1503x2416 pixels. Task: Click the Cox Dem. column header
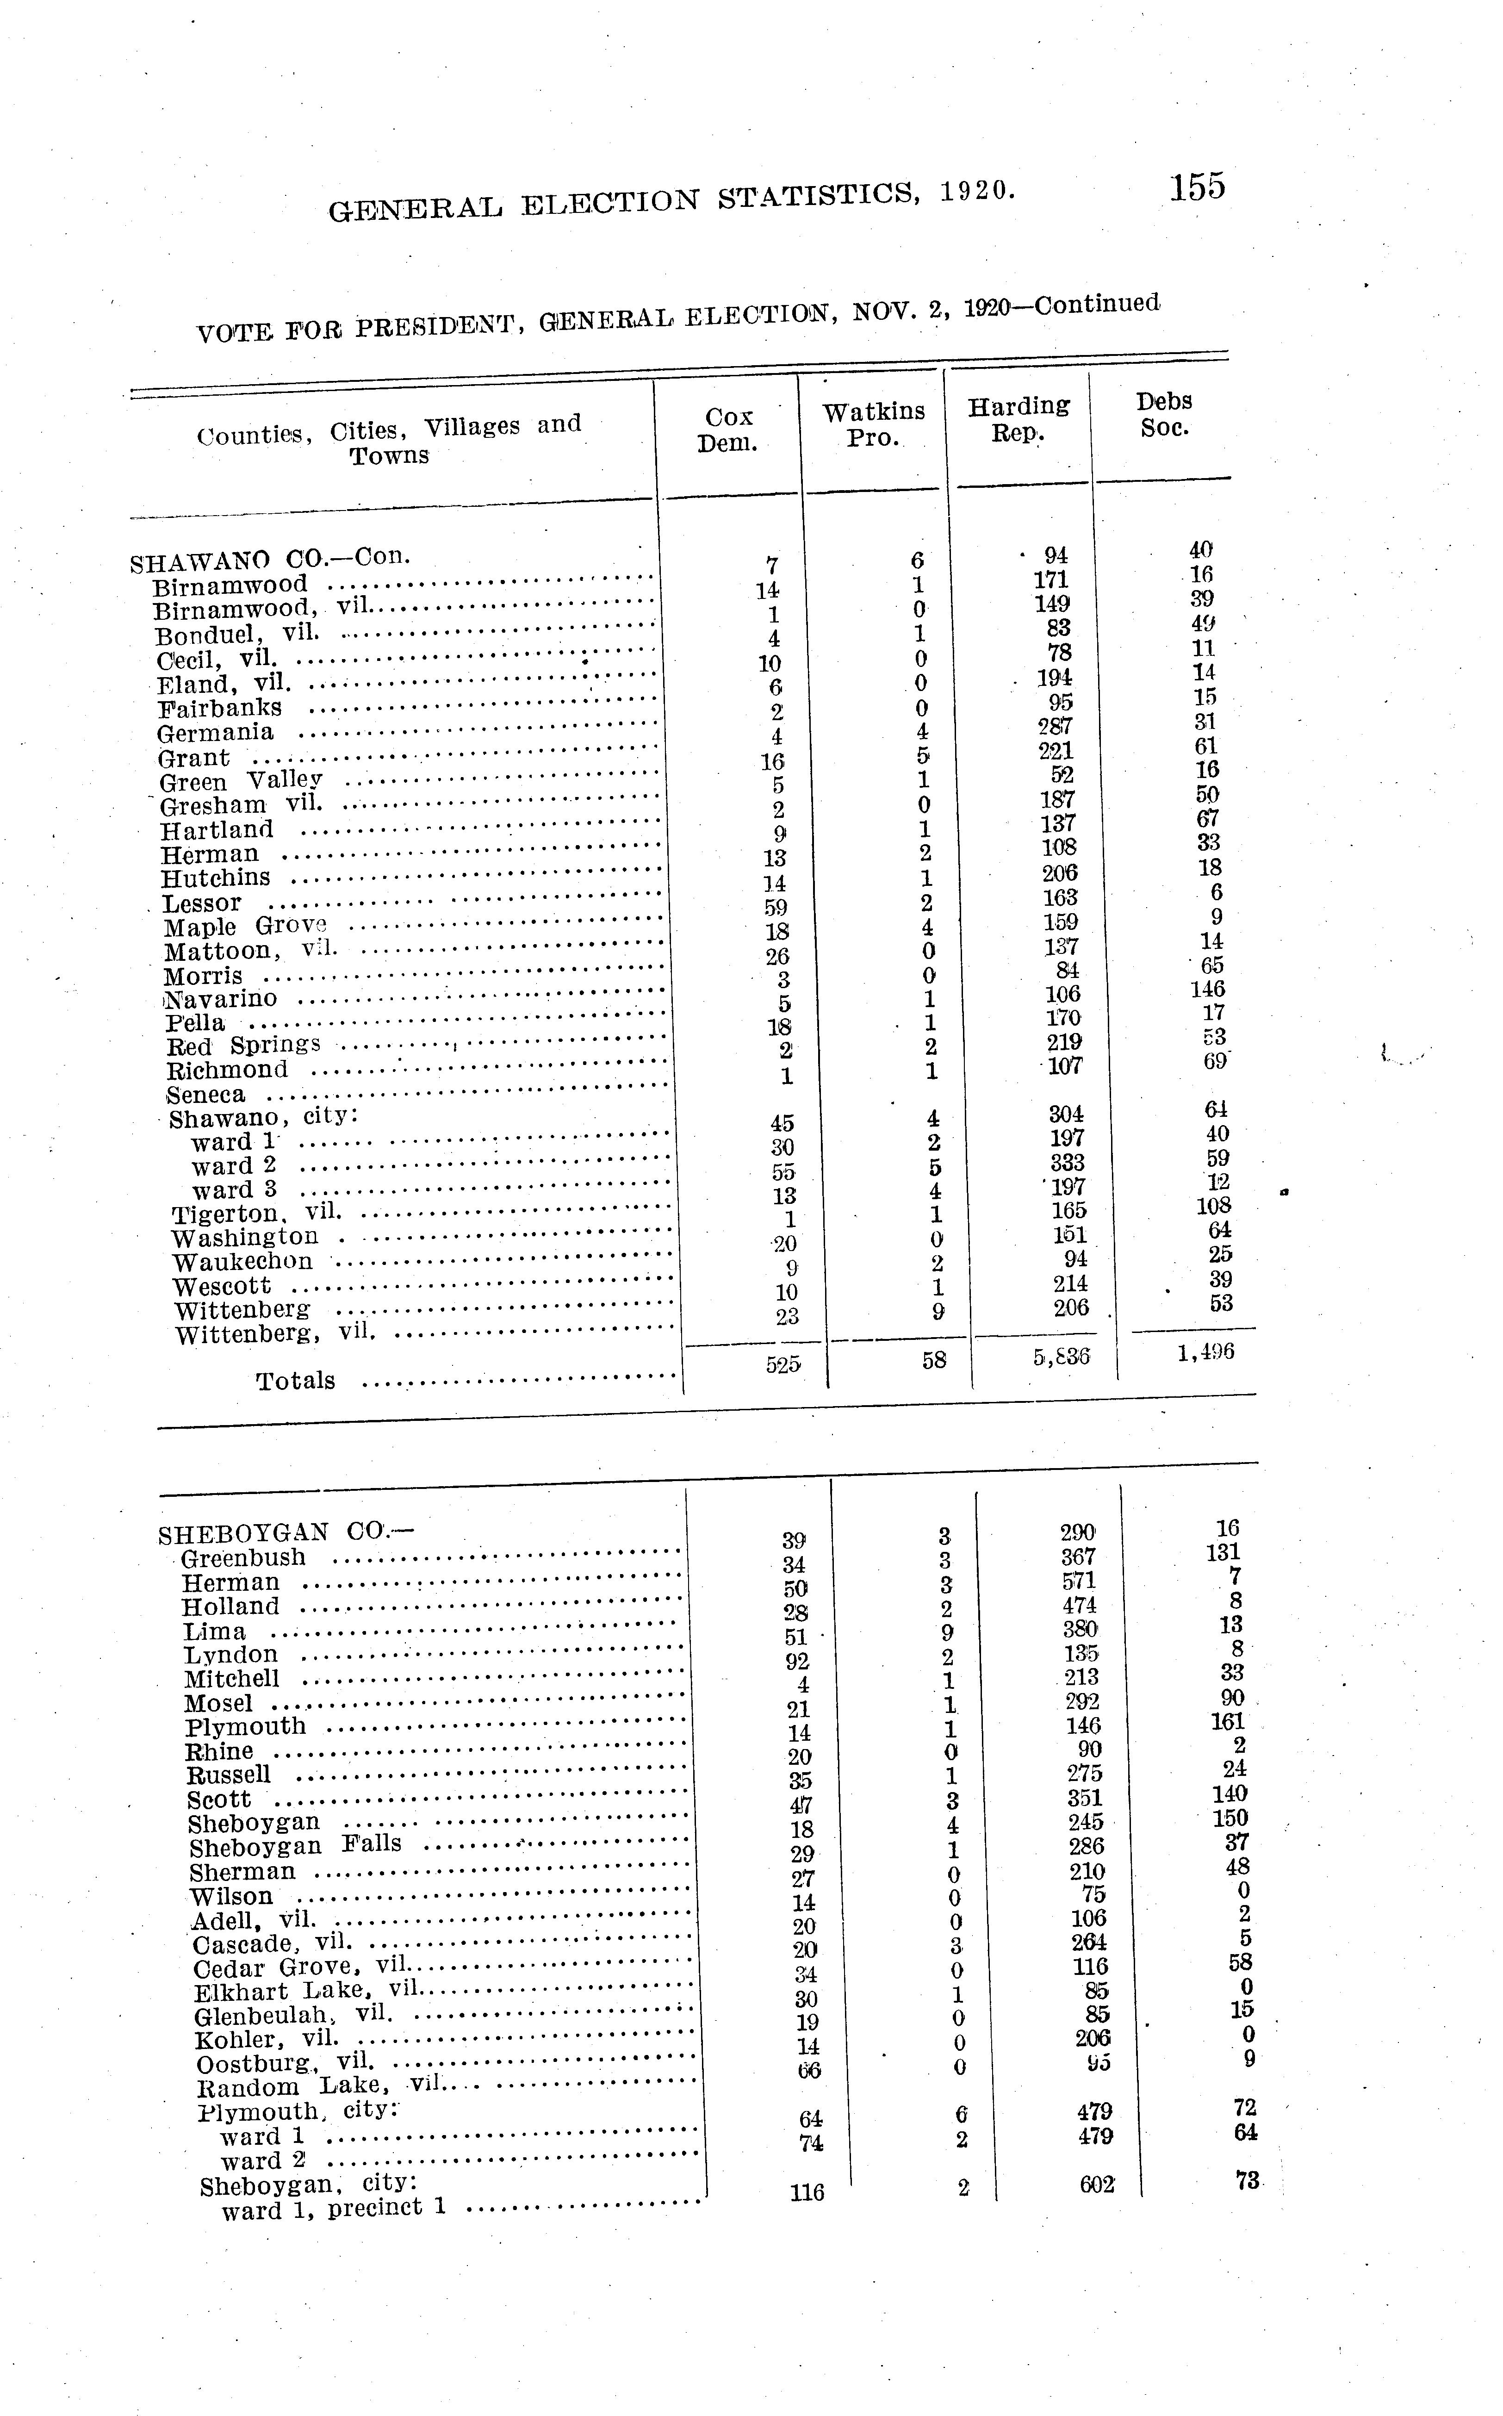click(x=727, y=430)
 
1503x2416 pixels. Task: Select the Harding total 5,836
click(x=1062, y=1356)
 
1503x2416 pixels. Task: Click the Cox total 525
click(x=783, y=1365)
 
